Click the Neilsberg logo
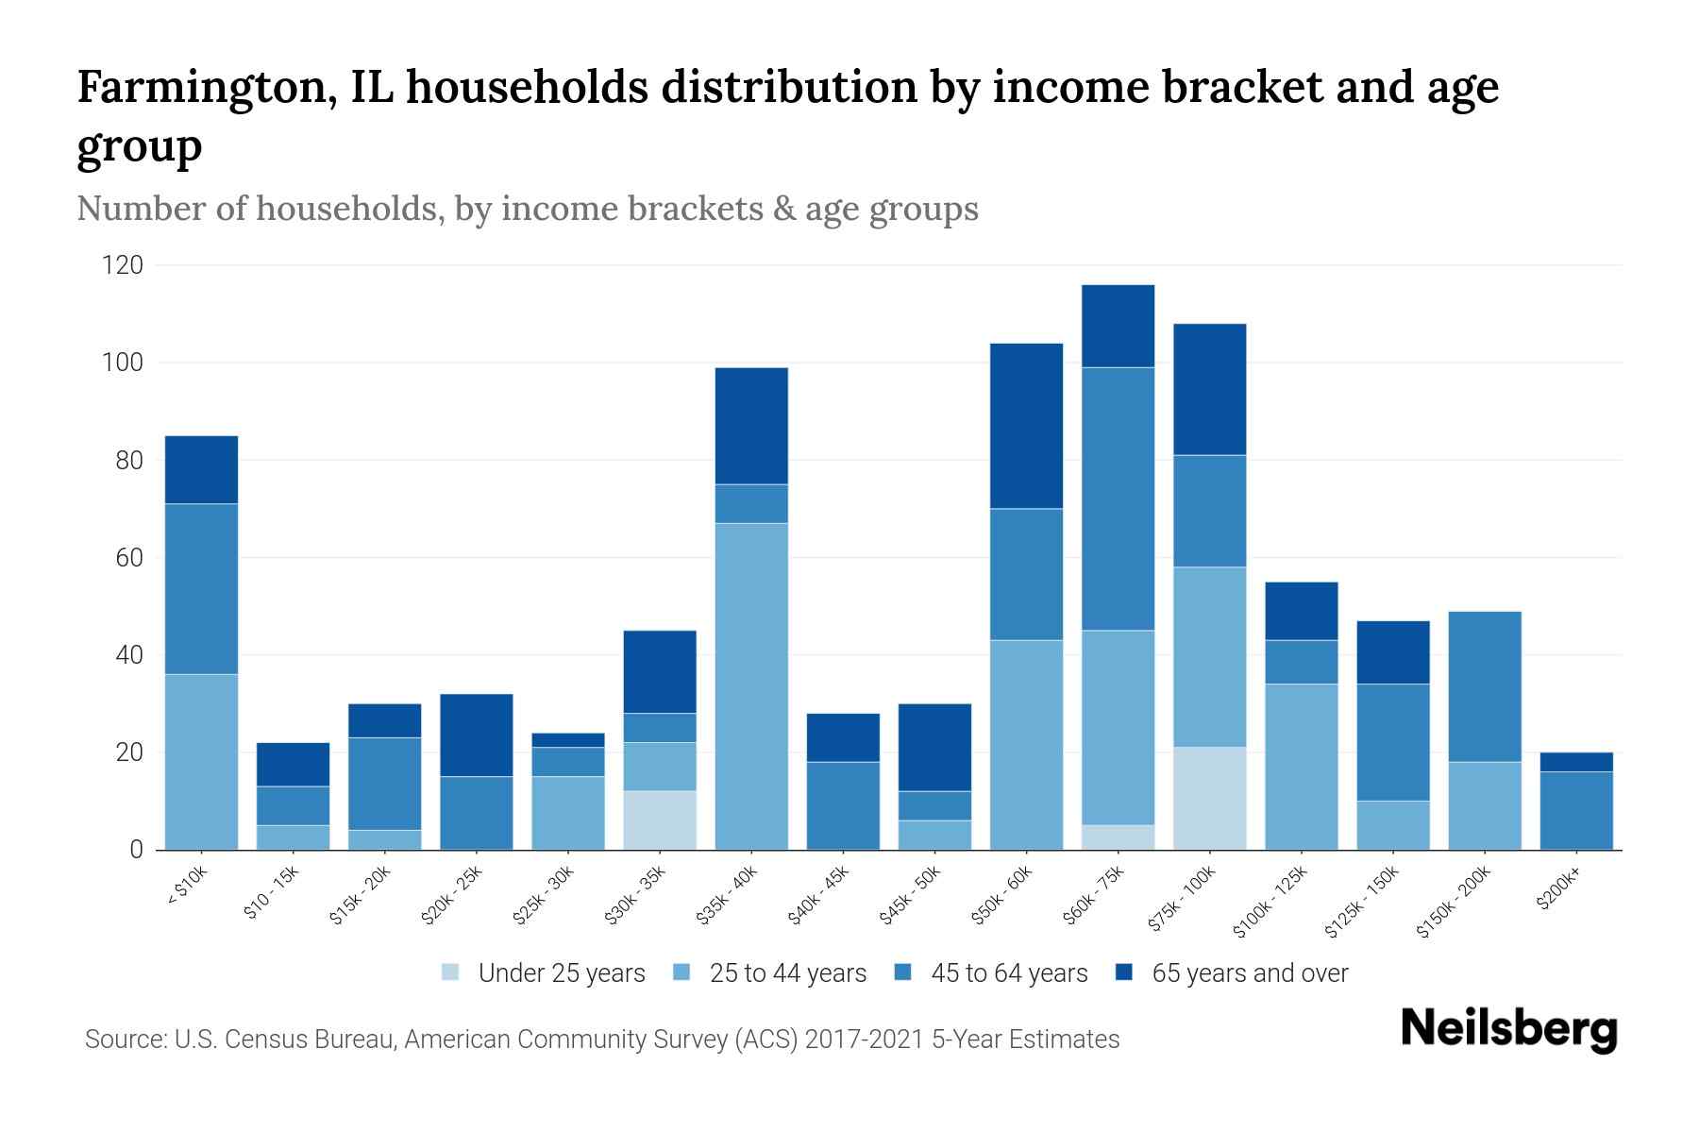1508,1029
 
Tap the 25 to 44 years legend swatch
681,972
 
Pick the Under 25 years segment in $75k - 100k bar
1209,799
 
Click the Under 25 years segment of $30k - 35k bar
660,820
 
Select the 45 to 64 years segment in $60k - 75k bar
1118,499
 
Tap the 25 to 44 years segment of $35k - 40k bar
751,686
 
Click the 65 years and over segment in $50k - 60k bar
1026,426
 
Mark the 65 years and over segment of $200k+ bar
1575,762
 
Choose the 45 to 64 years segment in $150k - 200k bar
1484,686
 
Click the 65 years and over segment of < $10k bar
201,469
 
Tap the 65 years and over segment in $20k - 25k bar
477,735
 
